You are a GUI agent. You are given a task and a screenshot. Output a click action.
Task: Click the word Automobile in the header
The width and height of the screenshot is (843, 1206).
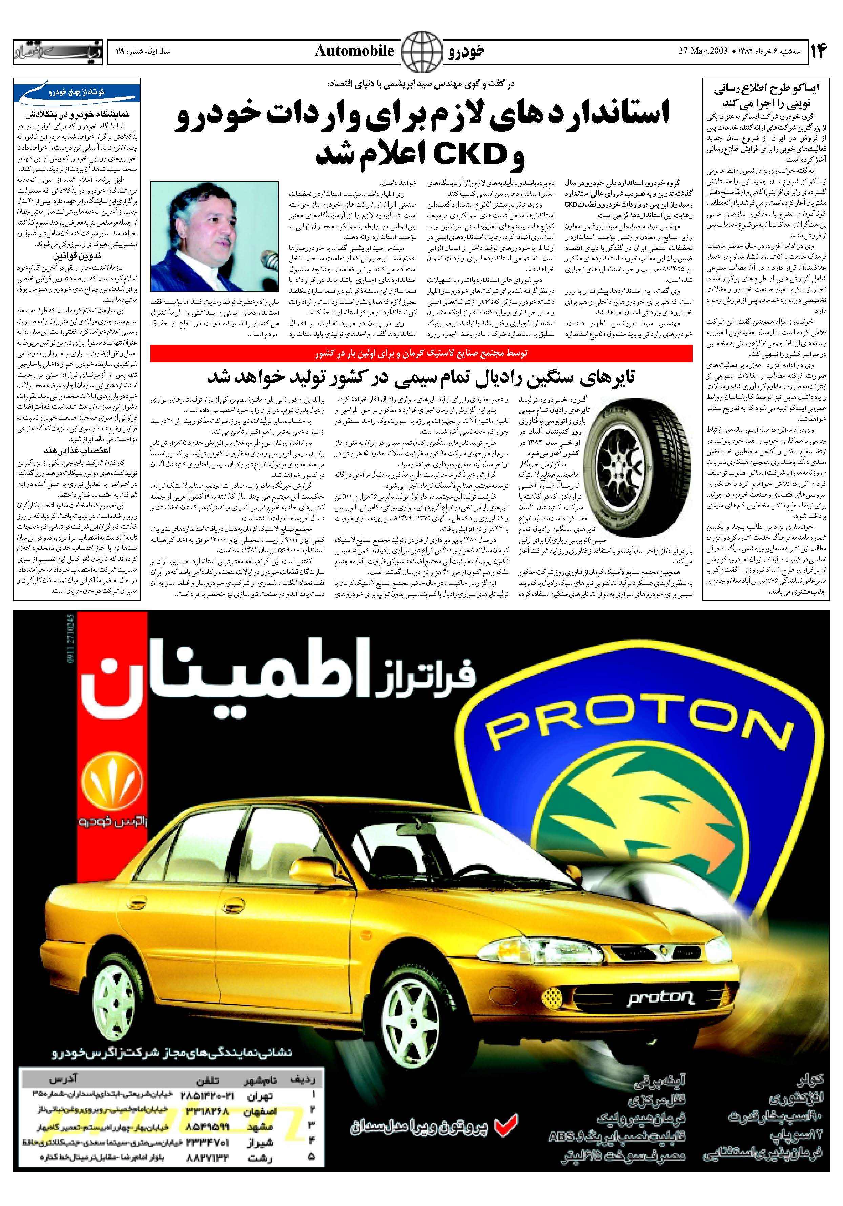click(355, 51)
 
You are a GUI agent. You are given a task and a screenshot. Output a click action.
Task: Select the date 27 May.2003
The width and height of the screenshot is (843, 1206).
click(702, 51)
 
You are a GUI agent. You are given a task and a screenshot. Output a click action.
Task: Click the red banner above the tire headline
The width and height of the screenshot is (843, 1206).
click(421, 353)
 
